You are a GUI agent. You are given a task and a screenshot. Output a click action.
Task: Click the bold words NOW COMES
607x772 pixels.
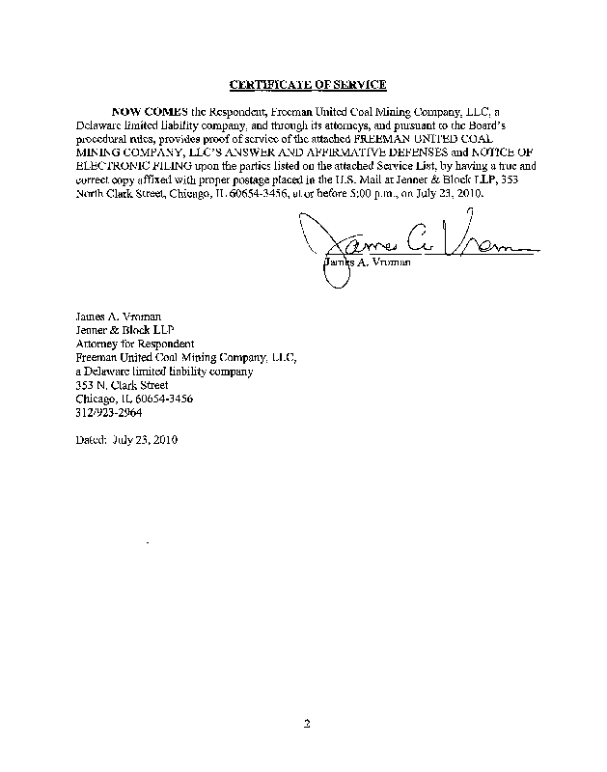147,112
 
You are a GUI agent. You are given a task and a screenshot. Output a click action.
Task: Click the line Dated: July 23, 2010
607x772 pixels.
126,440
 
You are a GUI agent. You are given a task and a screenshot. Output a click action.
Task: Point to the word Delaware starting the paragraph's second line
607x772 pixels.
100,125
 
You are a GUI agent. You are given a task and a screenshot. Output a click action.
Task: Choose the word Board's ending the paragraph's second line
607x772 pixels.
493,125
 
